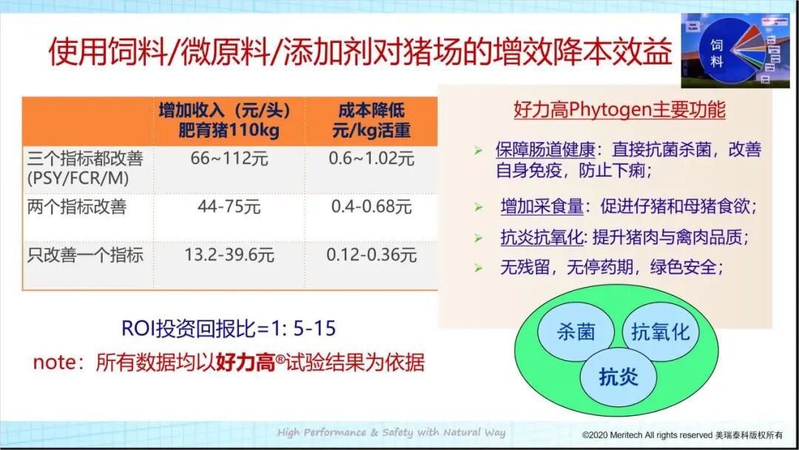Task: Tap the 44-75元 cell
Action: (x=229, y=206)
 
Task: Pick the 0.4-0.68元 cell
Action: (x=371, y=206)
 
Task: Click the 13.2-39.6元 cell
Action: (x=229, y=255)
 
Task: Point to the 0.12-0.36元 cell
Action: (x=371, y=255)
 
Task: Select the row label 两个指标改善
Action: (x=77, y=206)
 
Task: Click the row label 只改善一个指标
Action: (x=85, y=255)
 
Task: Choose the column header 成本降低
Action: (x=371, y=111)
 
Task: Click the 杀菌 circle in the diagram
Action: (x=576, y=332)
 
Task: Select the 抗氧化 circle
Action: (x=660, y=332)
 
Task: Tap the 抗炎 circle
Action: (x=618, y=377)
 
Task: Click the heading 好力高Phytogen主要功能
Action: (x=619, y=110)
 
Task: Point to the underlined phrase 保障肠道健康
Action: (x=545, y=150)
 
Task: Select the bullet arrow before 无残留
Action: (x=478, y=268)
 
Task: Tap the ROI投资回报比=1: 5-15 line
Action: (x=233, y=329)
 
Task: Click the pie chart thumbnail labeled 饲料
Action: (x=735, y=50)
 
